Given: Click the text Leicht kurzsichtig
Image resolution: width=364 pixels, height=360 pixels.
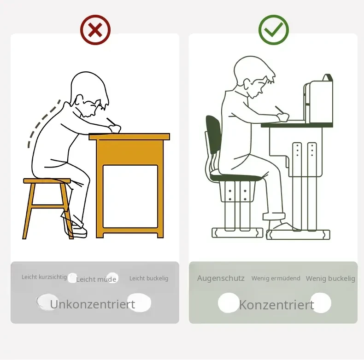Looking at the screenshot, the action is click(x=44, y=277).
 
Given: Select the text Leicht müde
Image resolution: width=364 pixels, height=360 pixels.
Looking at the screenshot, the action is click(x=96, y=279).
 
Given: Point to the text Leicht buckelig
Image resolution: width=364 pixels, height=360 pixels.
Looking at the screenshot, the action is click(x=149, y=279).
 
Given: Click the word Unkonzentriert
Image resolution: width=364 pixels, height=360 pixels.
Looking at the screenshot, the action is click(x=93, y=304).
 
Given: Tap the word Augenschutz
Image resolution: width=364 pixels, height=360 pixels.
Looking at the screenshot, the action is click(x=221, y=278).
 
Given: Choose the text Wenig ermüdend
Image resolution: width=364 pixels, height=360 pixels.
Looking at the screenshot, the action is click(x=276, y=278).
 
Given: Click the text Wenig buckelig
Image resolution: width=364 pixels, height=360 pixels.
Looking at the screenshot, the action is click(x=330, y=279).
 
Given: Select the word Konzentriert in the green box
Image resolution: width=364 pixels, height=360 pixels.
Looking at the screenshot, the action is click(x=276, y=305).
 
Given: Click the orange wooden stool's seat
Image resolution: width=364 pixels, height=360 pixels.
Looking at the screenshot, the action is click(x=47, y=181).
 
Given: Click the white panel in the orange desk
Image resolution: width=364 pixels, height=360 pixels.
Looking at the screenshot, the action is click(x=130, y=196).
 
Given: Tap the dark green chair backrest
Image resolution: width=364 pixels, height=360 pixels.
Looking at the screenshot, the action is click(x=213, y=134).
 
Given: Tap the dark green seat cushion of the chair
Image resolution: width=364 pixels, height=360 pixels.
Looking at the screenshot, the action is click(x=235, y=177).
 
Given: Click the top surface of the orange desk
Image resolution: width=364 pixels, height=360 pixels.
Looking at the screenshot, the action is click(x=129, y=137).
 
